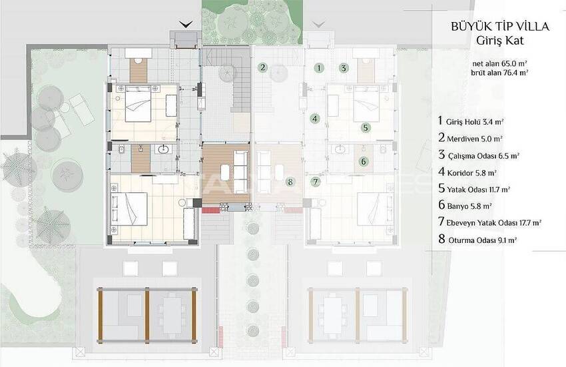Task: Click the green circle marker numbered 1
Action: (x=318, y=67)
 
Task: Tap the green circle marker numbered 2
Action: (x=263, y=67)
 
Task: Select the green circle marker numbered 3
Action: (x=344, y=67)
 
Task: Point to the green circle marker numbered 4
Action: (x=315, y=119)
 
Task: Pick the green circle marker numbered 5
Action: (x=366, y=127)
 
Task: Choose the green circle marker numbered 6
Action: (x=364, y=161)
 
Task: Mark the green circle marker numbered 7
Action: (x=316, y=181)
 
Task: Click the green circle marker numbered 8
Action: (x=290, y=182)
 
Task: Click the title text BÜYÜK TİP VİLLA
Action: (x=500, y=26)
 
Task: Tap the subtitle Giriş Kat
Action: (x=500, y=41)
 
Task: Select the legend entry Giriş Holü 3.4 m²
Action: (x=471, y=121)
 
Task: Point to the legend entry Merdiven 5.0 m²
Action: (x=470, y=137)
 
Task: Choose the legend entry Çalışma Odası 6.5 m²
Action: (x=479, y=155)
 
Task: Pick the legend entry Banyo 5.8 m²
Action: (x=465, y=206)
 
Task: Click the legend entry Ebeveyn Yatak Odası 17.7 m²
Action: (x=489, y=222)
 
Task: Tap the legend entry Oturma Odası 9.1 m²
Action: (x=477, y=239)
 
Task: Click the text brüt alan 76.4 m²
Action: (x=499, y=72)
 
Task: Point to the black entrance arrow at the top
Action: (x=186, y=25)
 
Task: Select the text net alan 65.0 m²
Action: (x=500, y=63)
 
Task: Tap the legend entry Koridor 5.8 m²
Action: (x=467, y=171)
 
